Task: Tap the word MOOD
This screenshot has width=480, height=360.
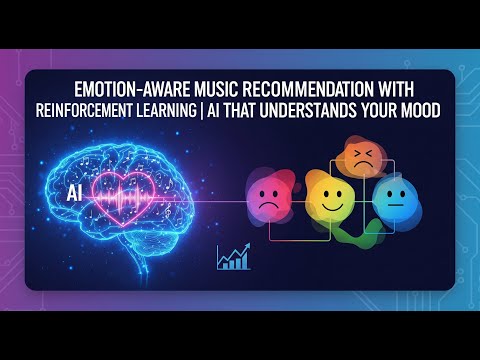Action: [x=421, y=108]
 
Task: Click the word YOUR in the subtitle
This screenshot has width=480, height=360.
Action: [x=380, y=108]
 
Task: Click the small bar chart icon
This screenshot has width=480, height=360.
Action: [x=233, y=258]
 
